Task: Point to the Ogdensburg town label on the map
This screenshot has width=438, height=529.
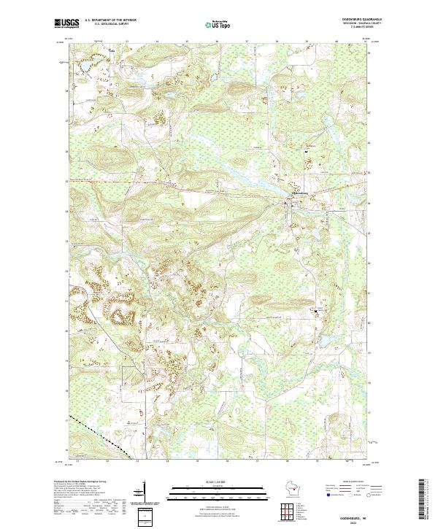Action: [301, 194]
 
